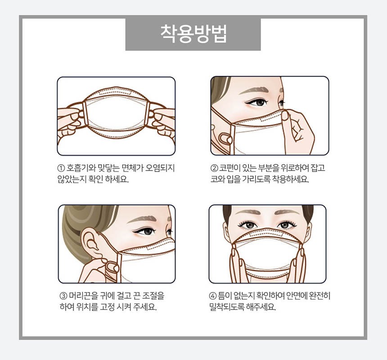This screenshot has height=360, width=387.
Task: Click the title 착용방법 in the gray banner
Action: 193,34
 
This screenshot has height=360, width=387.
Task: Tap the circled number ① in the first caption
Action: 61,168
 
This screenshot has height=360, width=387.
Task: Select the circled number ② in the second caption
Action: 214,168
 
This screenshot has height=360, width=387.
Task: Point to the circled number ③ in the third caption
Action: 63,296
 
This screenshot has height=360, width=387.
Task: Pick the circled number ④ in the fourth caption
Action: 213,296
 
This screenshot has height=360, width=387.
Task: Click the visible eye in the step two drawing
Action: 257,102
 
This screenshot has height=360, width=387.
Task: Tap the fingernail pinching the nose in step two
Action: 285,116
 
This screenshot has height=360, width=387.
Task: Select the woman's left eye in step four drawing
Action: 284,225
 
